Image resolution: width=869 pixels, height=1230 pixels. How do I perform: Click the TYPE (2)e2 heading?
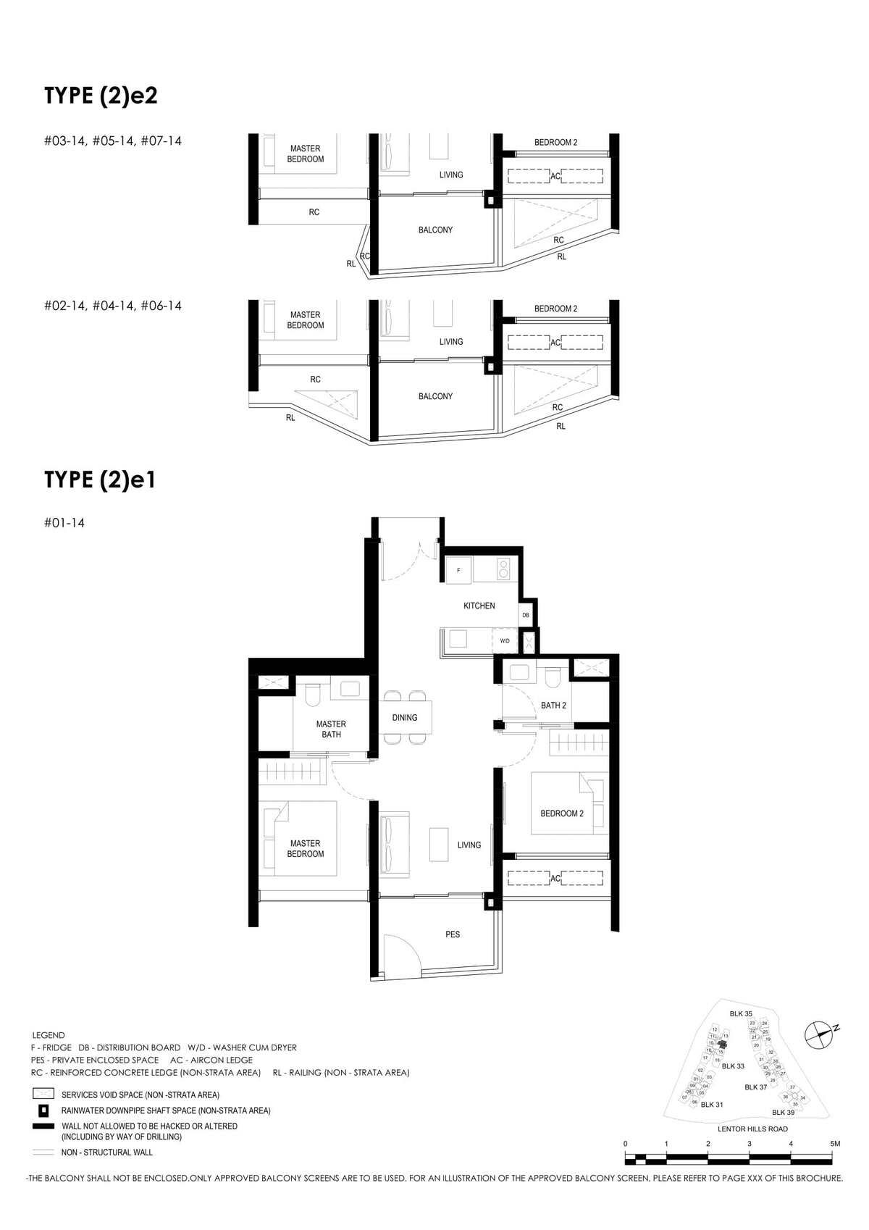tap(101, 96)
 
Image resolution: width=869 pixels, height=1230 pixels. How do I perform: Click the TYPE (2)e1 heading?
tap(100, 480)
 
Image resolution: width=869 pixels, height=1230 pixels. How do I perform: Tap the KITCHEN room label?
tap(479, 606)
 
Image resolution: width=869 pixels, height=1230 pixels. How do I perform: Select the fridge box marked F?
tap(458, 571)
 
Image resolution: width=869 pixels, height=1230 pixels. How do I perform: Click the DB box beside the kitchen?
tap(526, 615)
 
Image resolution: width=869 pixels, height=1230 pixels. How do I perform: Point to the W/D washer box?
tap(505, 641)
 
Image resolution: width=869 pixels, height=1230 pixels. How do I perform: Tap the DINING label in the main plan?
tap(405, 718)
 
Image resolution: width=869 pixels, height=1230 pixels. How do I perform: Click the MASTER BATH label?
tap(331, 729)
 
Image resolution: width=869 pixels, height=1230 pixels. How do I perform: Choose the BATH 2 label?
tap(553, 706)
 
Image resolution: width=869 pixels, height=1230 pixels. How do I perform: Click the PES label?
tap(453, 934)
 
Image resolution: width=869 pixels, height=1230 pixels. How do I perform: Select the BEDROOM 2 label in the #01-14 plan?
tap(562, 813)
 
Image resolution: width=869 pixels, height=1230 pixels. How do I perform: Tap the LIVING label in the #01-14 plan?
tap(469, 845)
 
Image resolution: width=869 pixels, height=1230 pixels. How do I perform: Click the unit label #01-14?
tap(64, 523)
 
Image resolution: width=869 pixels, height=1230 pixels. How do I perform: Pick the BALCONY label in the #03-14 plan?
tap(435, 230)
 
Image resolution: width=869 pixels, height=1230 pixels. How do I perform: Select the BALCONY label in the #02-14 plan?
tap(435, 396)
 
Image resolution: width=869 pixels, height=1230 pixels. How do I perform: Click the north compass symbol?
tap(820, 1034)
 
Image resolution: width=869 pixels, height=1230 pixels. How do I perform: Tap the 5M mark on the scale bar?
tap(835, 1144)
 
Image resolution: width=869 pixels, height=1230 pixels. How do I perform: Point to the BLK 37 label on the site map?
tap(755, 1087)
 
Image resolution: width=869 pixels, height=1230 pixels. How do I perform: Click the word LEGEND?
tap(49, 1035)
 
